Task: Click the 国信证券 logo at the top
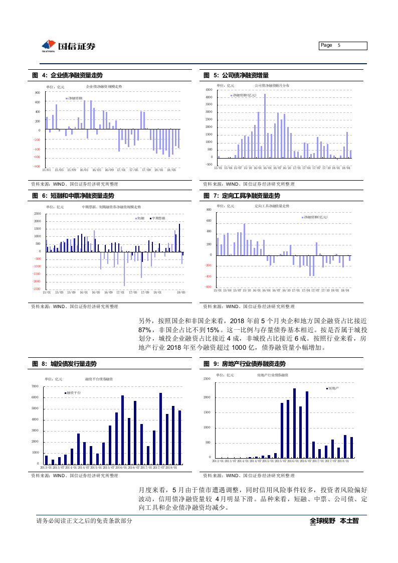pyautogui.click(x=68, y=46)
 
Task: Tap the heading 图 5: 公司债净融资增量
pyautogui.click(x=236, y=75)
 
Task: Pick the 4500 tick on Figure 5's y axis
pyautogui.click(x=209, y=89)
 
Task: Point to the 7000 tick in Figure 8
pyautogui.click(x=35, y=386)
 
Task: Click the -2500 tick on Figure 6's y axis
pyautogui.click(x=37, y=289)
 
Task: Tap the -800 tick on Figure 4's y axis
pyautogui.click(x=37, y=166)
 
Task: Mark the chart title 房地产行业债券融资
pyautogui.click(x=272, y=375)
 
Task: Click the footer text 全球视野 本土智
pyautogui.click(x=334, y=521)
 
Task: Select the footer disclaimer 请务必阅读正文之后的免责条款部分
pyautogui.click(x=84, y=521)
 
